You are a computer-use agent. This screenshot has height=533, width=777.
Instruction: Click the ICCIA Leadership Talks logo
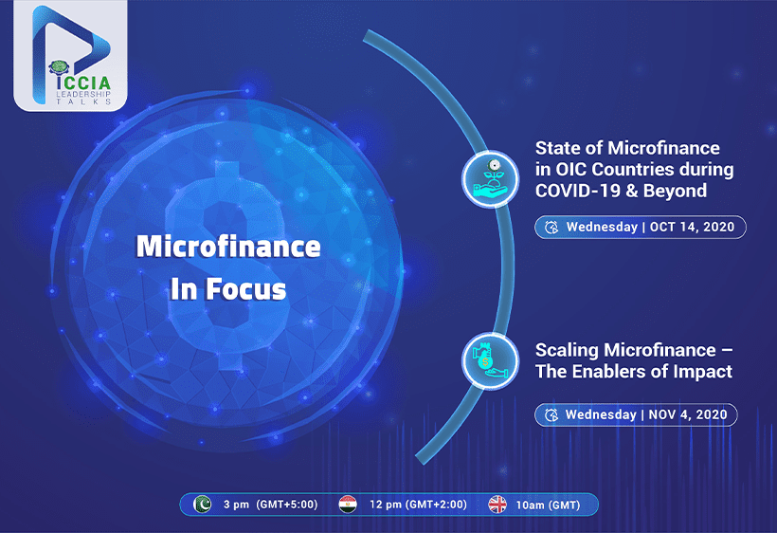point(70,56)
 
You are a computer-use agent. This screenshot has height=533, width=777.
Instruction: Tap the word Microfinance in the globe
point(228,247)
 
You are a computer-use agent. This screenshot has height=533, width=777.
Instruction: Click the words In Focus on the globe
point(228,289)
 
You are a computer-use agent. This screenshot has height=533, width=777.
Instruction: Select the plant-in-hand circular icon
point(490,178)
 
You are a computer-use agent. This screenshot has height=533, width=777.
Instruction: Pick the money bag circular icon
point(490,361)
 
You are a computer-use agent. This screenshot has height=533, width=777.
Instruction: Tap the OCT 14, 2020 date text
point(692,227)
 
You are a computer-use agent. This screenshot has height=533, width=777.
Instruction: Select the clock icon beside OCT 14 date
point(551,227)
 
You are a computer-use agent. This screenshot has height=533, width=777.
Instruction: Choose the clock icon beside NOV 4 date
point(551,414)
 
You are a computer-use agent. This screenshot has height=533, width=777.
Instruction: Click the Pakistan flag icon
point(202,505)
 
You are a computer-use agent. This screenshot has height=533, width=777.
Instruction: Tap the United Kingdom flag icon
point(497,505)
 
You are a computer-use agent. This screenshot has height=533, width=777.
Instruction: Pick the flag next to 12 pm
point(348,505)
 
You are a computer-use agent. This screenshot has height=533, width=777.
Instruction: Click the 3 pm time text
point(236,505)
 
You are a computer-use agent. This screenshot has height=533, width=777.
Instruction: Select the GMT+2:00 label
point(436,505)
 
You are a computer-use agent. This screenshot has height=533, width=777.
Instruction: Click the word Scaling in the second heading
point(567,351)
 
